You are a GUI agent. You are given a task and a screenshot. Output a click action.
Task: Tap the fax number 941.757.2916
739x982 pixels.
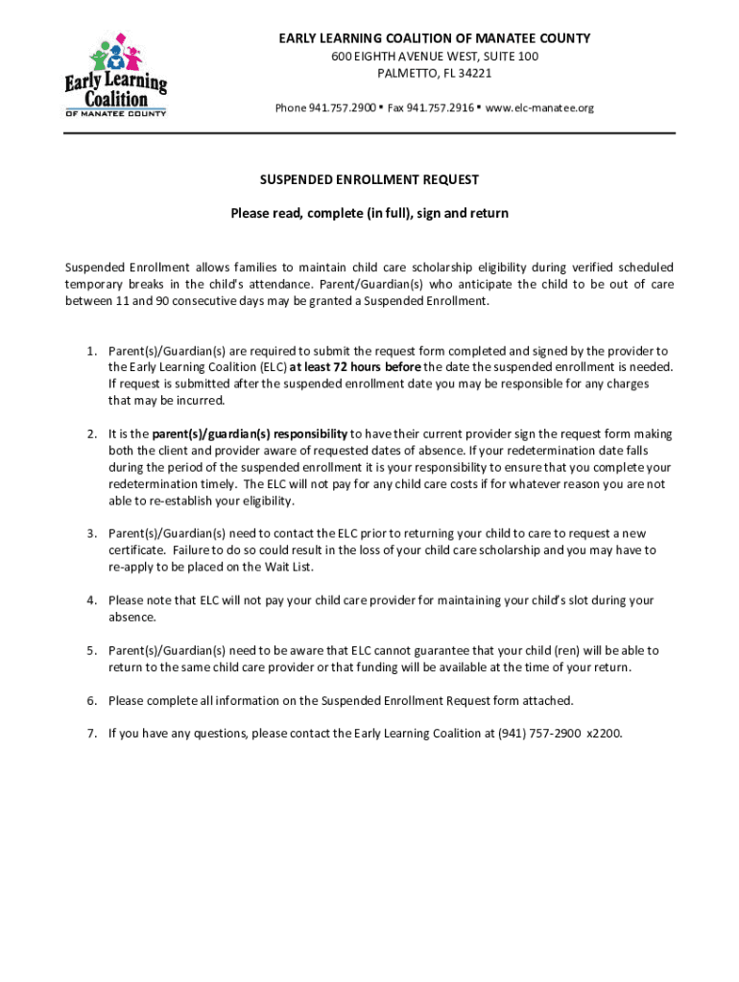[441, 107]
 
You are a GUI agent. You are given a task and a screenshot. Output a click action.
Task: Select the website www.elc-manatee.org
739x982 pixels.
[539, 107]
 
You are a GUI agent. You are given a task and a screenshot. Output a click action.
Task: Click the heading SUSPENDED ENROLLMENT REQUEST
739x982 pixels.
[369, 179]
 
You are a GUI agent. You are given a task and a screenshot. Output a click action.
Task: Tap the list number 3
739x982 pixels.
[91, 533]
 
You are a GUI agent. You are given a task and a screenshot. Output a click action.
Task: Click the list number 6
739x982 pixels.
[91, 701]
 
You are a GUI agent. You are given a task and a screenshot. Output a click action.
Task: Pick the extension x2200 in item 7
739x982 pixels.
[606, 735]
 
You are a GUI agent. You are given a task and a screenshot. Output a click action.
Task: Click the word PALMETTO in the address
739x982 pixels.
[408, 73]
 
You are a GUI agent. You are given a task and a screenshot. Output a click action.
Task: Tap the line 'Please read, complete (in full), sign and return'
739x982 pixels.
[369, 214]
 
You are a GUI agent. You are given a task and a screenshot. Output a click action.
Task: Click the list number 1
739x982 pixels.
[91, 351]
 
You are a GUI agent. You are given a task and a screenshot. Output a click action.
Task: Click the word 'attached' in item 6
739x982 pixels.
[551, 701]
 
